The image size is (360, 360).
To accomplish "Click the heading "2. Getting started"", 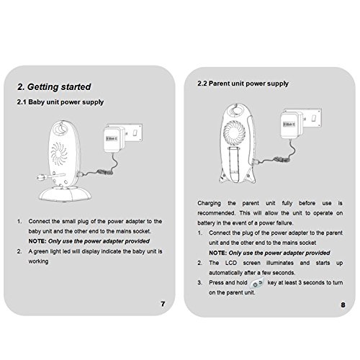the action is [54, 87].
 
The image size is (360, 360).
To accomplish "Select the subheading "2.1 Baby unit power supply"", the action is [60, 102].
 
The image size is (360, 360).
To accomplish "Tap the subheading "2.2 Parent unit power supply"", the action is [243, 84].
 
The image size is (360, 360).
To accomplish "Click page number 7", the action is [163, 304].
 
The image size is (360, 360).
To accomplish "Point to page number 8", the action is [343, 305].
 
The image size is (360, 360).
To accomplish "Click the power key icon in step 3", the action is [257, 283].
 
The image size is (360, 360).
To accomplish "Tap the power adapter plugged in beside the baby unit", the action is [113, 140].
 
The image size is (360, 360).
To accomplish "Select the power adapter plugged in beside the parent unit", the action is [292, 125].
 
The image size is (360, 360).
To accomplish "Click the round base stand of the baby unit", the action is [66, 194].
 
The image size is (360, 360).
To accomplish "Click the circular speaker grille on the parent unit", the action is [234, 132].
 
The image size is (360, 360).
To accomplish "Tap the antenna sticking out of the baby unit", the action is [51, 176].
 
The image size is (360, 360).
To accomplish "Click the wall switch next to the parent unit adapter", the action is [314, 118].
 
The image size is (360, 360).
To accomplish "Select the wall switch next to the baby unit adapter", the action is [135, 132].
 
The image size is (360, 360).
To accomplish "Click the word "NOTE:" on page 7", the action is [37, 241].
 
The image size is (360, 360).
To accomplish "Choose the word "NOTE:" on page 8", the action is [217, 253].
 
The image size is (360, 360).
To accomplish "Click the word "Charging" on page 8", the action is [209, 204].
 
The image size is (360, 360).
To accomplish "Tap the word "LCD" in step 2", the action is [231, 263].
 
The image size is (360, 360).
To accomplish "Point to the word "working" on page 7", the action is [38, 261].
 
